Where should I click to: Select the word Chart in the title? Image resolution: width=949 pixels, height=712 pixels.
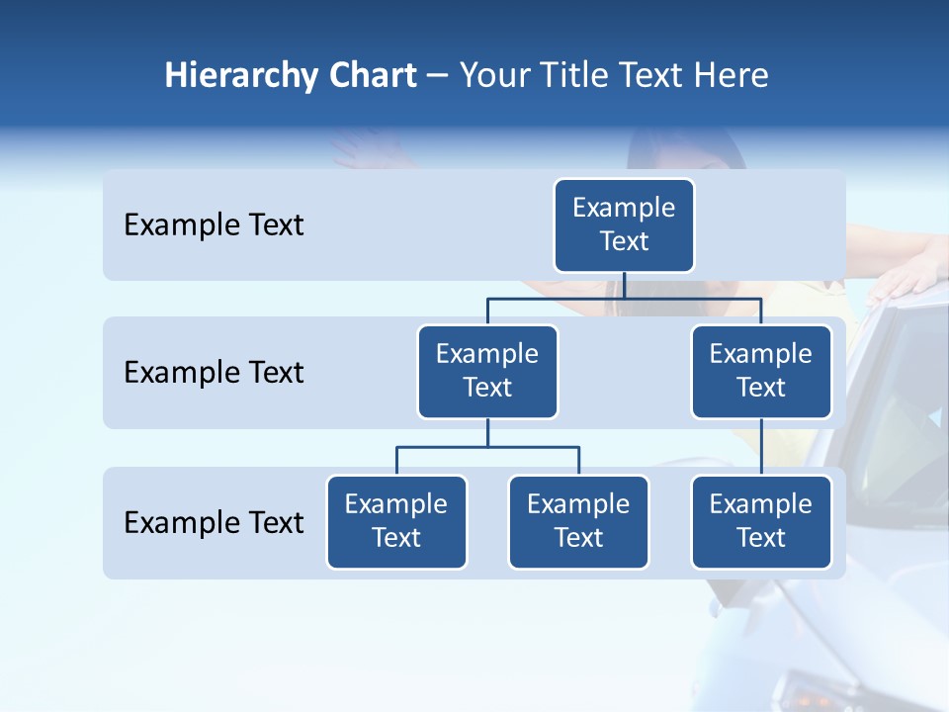click(x=371, y=76)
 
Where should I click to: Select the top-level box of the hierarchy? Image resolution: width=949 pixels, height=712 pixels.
click(x=624, y=224)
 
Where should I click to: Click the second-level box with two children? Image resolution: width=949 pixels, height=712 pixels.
click(x=487, y=371)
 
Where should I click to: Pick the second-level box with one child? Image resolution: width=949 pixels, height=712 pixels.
click(x=761, y=371)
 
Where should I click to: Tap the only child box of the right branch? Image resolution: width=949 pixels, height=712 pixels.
click(x=761, y=521)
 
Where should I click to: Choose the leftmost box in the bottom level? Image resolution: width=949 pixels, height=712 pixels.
click(x=396, y=521)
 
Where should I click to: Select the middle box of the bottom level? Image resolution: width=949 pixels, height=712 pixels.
click(x=578, y=521)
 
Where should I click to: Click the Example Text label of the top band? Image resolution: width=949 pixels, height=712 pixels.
click(x=214, y=225)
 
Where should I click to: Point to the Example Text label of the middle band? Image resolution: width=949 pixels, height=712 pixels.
click(x=214, y=373)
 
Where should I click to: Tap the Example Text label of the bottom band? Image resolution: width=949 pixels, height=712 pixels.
click(x=214, y=522)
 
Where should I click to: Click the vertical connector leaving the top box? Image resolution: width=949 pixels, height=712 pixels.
click(x=624, y=285)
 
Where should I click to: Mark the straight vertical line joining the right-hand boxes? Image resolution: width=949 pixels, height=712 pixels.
click(x=761, y=447)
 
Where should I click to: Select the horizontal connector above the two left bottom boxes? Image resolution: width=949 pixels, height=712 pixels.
click(x=487, y=447)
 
